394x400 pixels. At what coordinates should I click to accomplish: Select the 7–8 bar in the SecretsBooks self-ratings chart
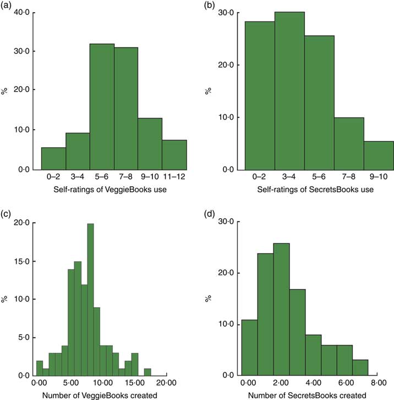coord(349,143)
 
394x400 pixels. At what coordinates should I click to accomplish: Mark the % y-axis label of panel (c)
coord(5,299)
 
